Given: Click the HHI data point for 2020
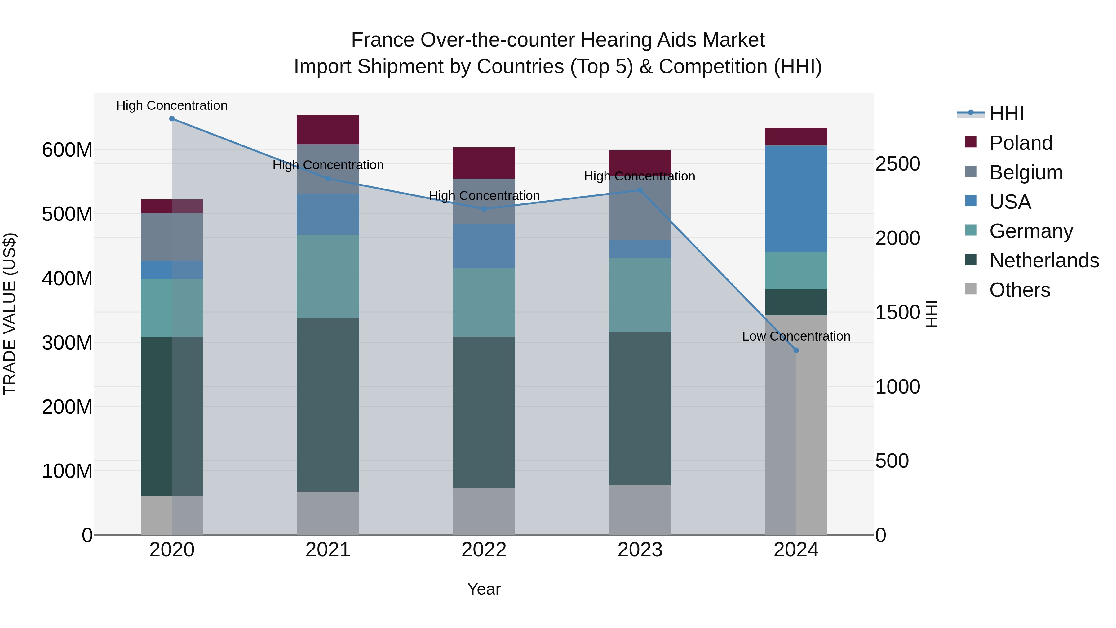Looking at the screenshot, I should point(172,119).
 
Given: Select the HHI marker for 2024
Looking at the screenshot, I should point(796,350).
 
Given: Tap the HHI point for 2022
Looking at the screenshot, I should point(484,209).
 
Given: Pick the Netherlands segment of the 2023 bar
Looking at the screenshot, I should point(640,408).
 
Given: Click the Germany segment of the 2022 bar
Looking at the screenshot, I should point(484,302).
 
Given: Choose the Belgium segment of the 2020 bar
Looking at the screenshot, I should point(172,237).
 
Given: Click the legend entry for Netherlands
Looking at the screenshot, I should point(1044,261).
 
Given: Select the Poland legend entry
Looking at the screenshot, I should point(1021,143).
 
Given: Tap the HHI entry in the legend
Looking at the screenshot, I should point(1006,114).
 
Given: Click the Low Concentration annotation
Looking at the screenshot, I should point(796,336).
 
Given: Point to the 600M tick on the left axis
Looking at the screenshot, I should point(67,150).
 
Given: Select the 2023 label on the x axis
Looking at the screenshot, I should point(640,550).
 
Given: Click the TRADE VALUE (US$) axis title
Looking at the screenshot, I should point(10,314).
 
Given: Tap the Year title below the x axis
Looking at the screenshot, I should point(484,589).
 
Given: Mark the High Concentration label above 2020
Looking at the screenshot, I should point(172,105).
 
